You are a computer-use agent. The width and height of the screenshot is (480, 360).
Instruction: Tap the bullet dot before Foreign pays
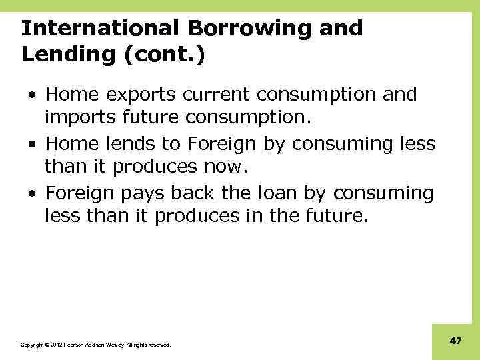[33, 194]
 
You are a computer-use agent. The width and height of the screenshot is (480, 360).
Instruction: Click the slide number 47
[456, 341]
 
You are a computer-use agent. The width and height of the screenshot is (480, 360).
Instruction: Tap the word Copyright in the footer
[31, 345]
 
